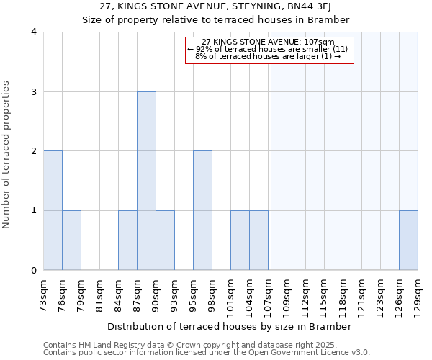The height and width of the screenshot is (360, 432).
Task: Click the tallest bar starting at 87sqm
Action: (x=146, y=181)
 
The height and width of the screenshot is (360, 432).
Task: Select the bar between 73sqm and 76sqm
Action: (x=53, y=210)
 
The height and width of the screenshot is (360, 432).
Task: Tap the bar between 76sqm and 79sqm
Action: (x=71, y=240)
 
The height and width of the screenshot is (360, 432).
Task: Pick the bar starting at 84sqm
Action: (x=127, y=240)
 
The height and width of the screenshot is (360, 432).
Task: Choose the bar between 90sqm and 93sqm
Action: (x=165, y=240)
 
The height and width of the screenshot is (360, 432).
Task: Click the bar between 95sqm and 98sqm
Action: (x=202, y=210)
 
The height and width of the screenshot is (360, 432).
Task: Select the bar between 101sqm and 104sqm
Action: (x=240, y=240)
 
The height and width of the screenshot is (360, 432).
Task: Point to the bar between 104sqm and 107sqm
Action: (x=258, y=240)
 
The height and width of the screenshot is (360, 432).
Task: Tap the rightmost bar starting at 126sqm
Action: (x=408, y=240)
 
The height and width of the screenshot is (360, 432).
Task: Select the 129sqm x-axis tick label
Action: (x=418, y=296)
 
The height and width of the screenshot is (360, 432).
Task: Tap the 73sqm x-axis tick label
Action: (x=44, y=296)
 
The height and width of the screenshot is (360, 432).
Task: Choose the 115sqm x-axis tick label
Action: (x=324, y=296)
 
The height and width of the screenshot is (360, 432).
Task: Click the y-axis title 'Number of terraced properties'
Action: (x=6, y=155)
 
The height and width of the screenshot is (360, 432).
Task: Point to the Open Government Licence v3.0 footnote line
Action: (x=207, y=353)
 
